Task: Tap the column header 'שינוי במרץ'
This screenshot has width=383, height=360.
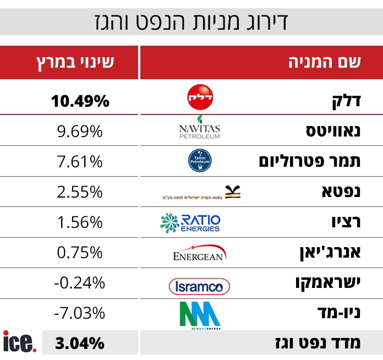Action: [75, 62]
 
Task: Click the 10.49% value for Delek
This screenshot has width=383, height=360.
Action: [80, 101]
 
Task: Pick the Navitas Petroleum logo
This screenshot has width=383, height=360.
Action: [199, 130]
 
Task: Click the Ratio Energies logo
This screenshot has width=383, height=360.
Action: [190, 222]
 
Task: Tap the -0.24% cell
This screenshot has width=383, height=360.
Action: [80, 283]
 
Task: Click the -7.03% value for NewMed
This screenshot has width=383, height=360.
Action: [80, 313]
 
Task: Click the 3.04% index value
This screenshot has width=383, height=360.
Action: [80, 343]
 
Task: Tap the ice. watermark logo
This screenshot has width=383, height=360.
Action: [20, 342]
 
